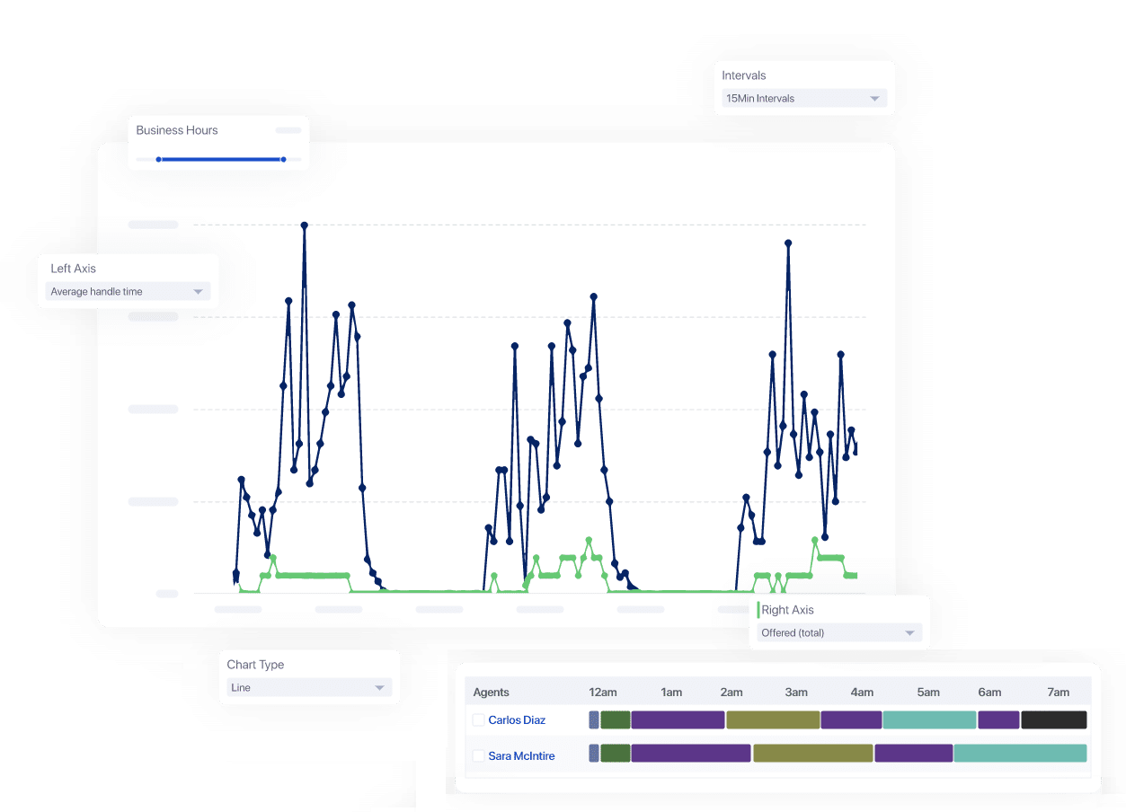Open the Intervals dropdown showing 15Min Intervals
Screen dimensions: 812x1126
(x=804, y=99)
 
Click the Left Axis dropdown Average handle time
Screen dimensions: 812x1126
(x=128, y=292)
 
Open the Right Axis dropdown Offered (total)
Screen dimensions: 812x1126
(x=839, y=633)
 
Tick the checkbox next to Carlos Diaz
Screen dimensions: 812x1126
(x=479, y=720)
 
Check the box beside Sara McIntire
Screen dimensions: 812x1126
(x=479, y=756)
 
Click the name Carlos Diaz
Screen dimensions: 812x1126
(x=517, y=720)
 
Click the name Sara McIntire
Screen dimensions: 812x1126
(x=521, y=756)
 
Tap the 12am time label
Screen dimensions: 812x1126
(x=603, y=693)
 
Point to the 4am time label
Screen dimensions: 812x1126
(x=862, y=693)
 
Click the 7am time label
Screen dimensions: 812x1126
(x=1059, y=693)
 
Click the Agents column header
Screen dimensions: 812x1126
(x=491, y=693)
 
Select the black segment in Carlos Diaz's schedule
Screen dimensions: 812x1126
(x=1054, y=720)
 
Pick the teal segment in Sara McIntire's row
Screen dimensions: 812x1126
(x=1020, y=754)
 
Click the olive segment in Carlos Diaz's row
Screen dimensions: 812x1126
(x=773, y=720)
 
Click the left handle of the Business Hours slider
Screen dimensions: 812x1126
(x=158, y=160)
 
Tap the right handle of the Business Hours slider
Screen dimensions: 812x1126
(x=283, y=160)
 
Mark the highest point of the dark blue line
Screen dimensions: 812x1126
(x=305, y=225)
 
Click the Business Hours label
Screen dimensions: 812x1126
(x=177, y=130)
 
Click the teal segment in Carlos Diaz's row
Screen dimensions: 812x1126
(x=929, y=720)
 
